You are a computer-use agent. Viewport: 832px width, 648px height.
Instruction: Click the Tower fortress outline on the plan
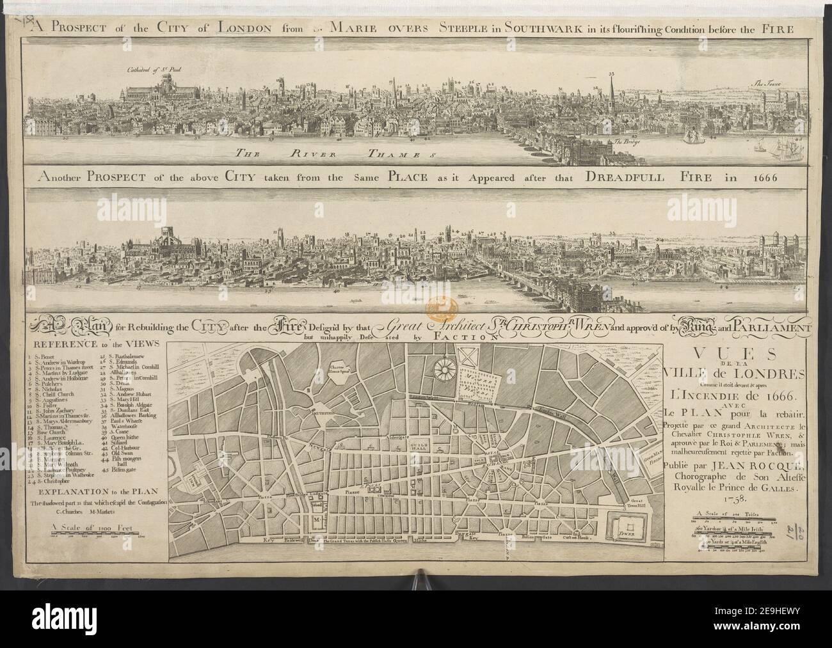pyautogui.click(x=628, y=530)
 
